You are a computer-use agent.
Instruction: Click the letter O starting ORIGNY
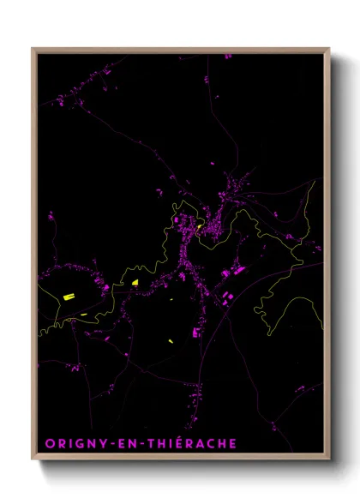(x=49, y=443)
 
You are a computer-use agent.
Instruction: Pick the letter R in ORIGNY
(x=61, y=443)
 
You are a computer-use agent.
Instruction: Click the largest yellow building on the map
(x=68, y=297)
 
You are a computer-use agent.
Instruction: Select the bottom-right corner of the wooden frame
(x=329, y=459)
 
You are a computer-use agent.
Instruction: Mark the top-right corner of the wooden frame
(x=329, y=49)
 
